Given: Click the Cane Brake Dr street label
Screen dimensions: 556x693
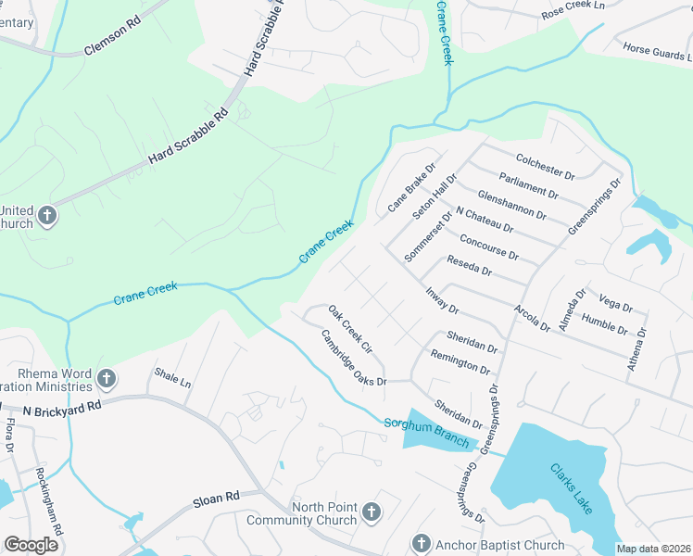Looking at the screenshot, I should point(410,180).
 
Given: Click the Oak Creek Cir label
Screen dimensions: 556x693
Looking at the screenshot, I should point(349,334).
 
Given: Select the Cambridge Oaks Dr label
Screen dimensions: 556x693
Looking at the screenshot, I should point(353,358).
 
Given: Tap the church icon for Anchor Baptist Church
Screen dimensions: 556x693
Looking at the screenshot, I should point(422,543).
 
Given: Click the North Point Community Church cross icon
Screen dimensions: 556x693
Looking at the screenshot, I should point(371,512).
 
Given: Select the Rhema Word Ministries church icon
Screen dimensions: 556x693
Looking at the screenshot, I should point(107,379).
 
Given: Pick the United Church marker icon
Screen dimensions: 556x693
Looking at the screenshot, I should point(48,217).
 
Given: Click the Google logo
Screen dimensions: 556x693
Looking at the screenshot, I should point(31,545).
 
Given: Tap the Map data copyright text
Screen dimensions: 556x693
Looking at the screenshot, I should point(652,549).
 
